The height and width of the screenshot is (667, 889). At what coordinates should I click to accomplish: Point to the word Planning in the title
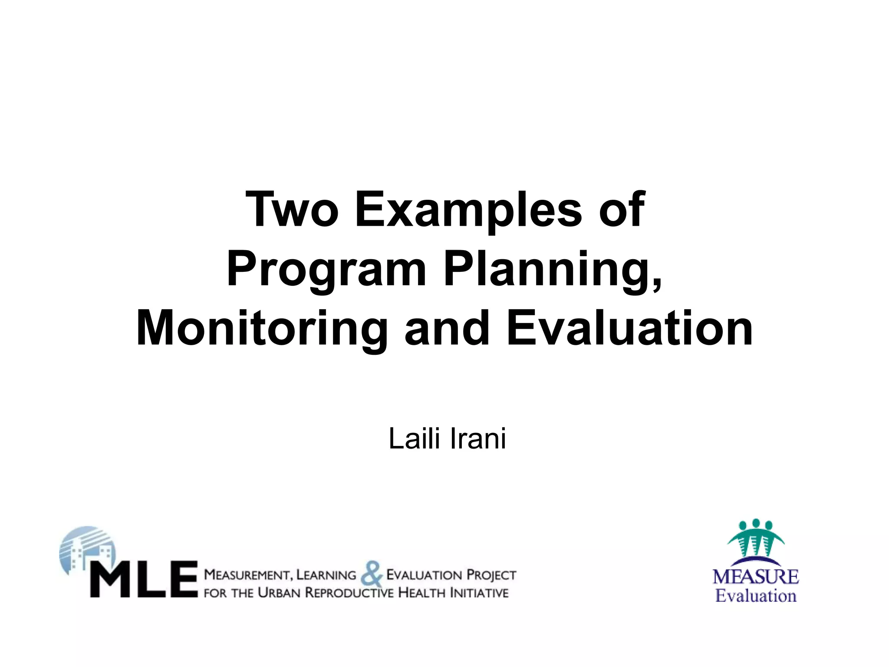553,270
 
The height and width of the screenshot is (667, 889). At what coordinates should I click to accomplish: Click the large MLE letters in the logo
144,579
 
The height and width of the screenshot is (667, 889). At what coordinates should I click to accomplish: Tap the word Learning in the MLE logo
326,575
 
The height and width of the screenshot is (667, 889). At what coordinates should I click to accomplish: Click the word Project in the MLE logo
491,575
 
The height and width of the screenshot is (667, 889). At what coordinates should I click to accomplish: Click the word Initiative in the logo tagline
479,593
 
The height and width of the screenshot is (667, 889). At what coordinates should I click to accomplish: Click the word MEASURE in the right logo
756,577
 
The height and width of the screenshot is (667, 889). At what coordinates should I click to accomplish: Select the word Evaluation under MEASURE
756,596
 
